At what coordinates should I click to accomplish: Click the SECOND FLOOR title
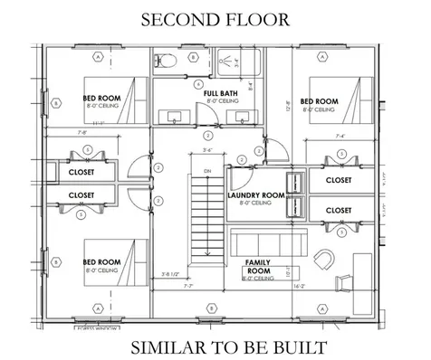coord(215,17)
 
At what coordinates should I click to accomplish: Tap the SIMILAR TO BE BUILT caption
coord(215,346)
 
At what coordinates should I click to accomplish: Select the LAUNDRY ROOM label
coord(256,196)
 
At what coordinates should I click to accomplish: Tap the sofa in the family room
coord(272,242)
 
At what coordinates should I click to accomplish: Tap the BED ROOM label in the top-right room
coord(319,101)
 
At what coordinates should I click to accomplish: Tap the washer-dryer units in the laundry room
coord(292,194)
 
